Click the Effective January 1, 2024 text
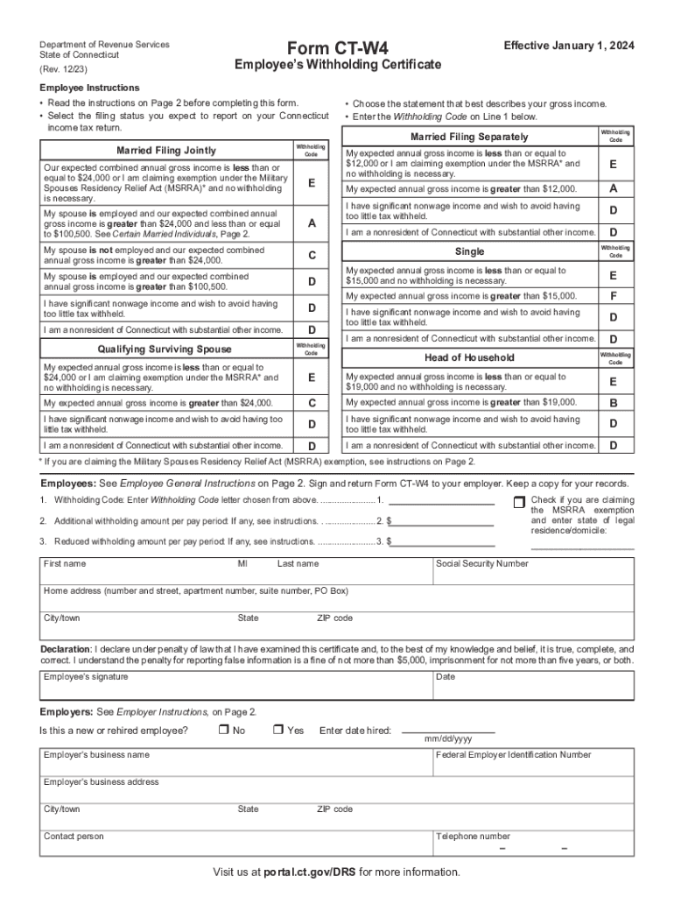pyautogui.click(x=569, y=46)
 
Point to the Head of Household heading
pyautogui.click(x=470, y=357)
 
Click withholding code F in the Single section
pyautogui.click(x=613, y=296)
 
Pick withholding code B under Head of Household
pyautogui.click(x=613, y=403)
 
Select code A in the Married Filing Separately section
pyautogui.click(x=613, y=189)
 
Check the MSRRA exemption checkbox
pyautogui.click(x=518, y=502)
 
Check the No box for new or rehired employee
pyautogui.click(x=223, y=730)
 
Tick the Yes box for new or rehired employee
pyautogui.click(x=277, y=730)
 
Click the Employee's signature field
pyautogui.click(x=236, y=688)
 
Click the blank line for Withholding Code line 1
pyautogui.click(x=440, y=502)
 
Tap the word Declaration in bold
pyautogui.click(x=66, y=649)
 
